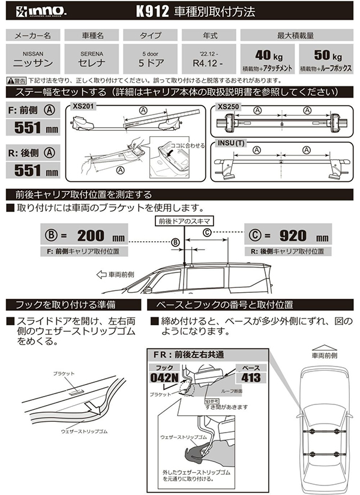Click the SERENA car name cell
[91, 58]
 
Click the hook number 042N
[166, 377]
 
